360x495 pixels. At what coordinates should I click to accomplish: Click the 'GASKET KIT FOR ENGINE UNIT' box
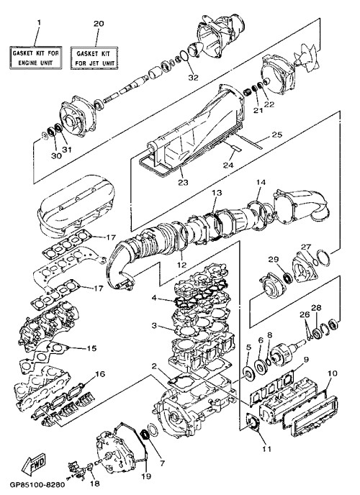point(36,58)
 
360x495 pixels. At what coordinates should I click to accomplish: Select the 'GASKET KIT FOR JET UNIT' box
point(94,58)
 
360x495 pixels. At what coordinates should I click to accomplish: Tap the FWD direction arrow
point(34,465)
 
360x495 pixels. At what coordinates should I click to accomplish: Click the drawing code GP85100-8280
point(37,484)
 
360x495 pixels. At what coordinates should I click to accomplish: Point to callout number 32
point(193,78)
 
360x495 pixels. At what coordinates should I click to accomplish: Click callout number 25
point(276,135)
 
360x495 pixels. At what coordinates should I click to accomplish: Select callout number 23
point(183,183)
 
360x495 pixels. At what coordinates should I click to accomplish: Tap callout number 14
point(261,182)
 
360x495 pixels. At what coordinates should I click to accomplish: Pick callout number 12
point(182,265)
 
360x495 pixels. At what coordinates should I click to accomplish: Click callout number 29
point(274,259)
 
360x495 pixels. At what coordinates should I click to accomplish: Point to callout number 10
point(333,373)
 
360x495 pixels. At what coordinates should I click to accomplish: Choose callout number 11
point(267,449)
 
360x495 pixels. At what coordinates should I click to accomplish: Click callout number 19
point(147,476)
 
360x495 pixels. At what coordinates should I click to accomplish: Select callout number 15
point(91,348)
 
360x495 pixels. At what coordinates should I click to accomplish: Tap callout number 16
point(100,374)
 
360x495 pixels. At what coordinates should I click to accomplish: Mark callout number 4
point(154,297)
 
